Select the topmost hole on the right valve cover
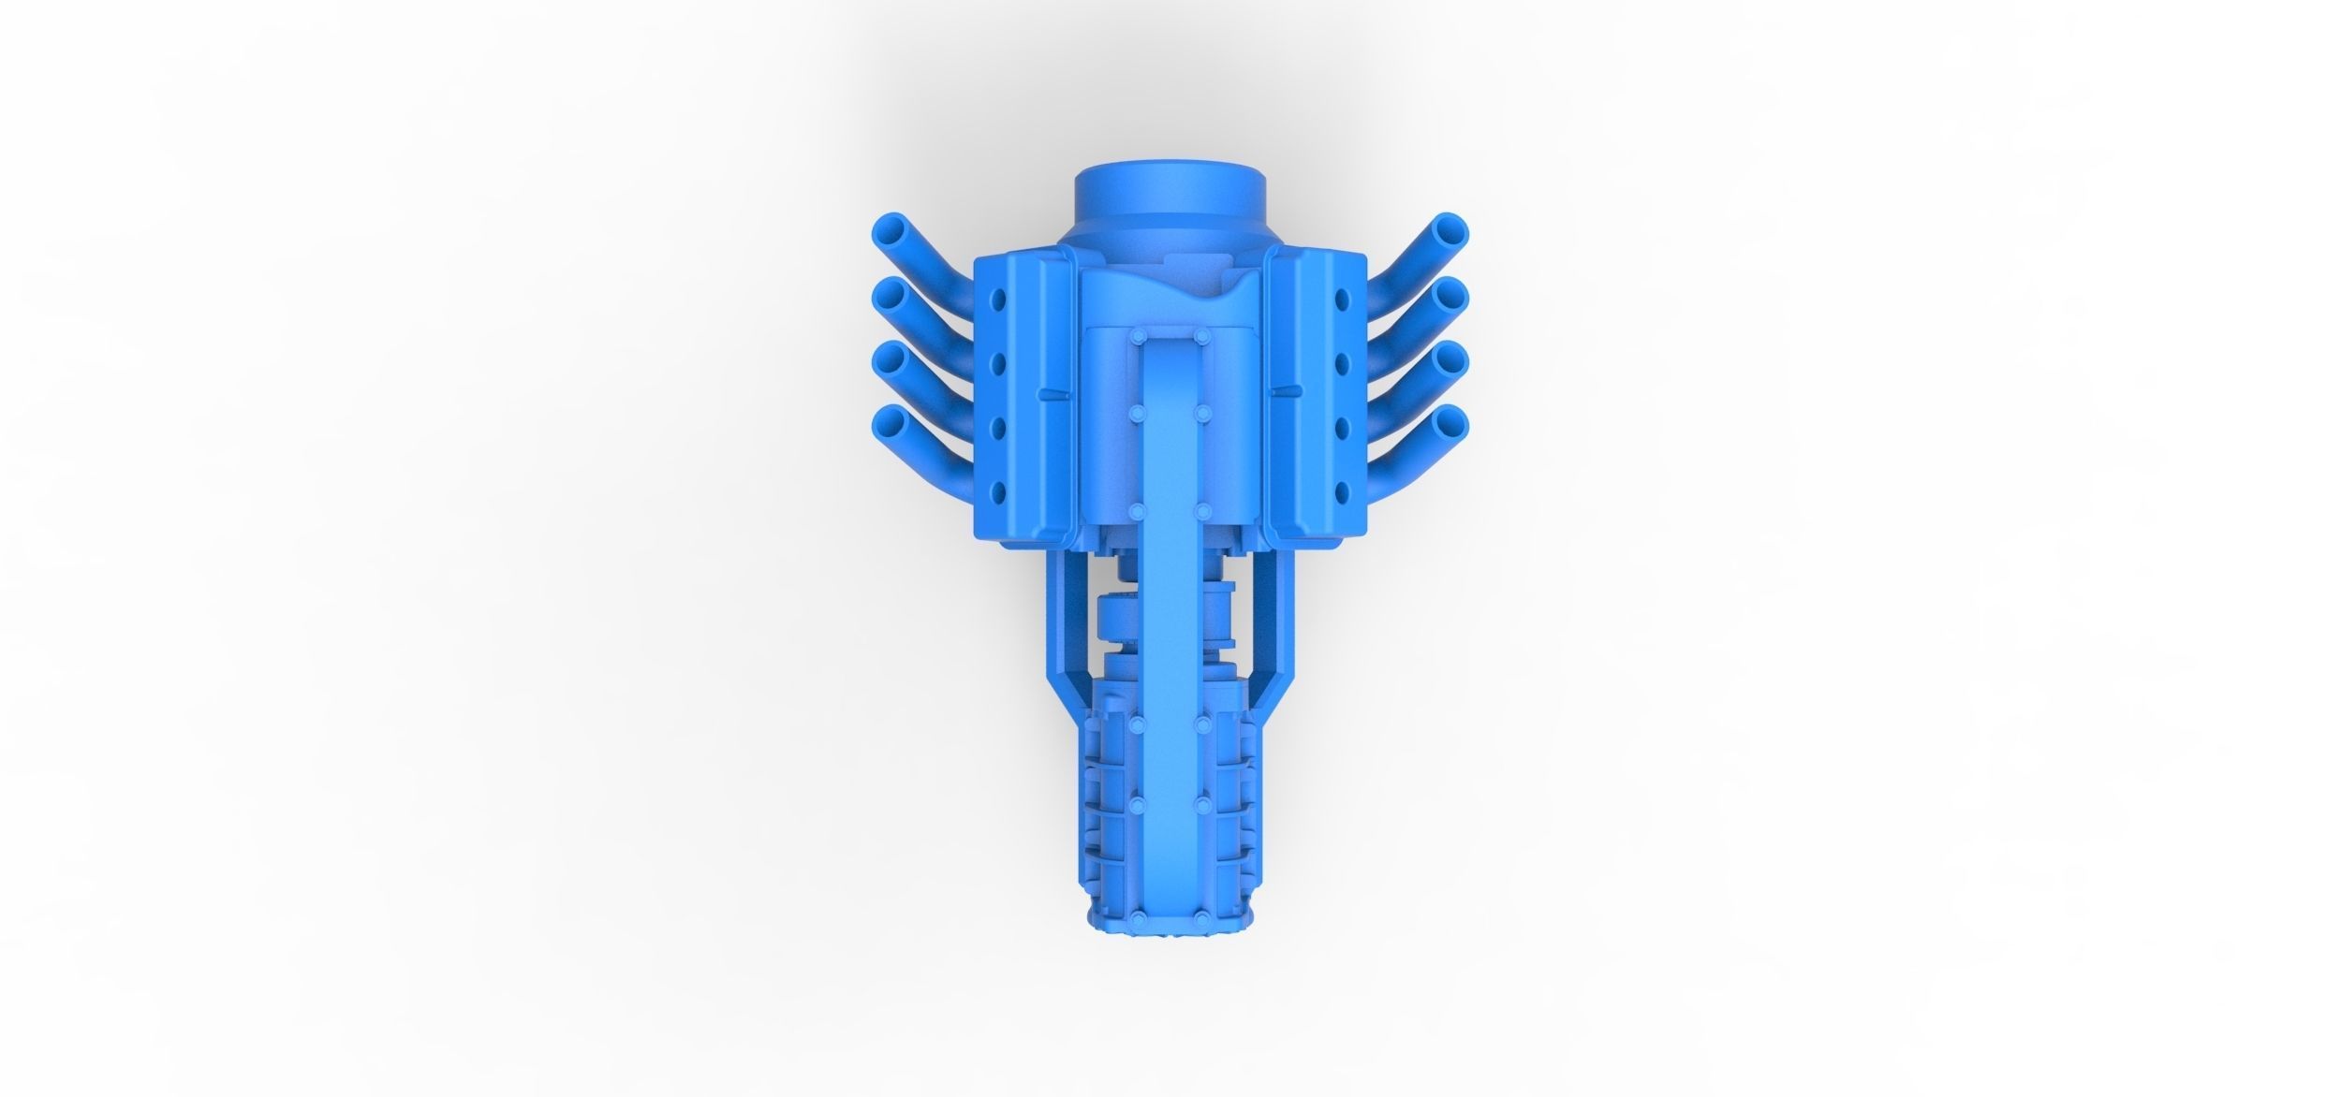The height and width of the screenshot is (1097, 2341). (1343, 300)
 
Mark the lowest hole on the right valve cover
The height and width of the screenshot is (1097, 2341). (1343, 490)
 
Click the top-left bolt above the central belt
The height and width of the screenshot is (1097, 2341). (1136, 334)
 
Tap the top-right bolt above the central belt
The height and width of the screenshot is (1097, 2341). (1201, 334)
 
